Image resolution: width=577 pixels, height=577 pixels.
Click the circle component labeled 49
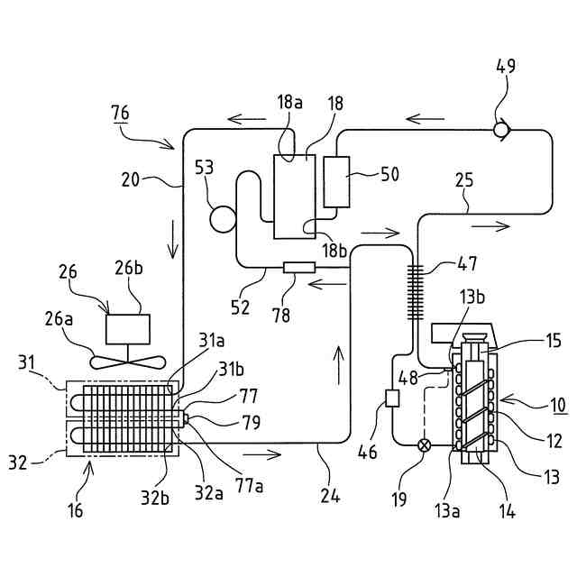501,130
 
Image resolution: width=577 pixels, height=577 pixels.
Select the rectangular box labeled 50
336,182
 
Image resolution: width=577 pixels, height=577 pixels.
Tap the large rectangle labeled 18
295,197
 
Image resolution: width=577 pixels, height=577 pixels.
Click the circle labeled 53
223,219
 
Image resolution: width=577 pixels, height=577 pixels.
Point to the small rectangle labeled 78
299,268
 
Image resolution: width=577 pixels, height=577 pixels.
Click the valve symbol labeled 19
425,445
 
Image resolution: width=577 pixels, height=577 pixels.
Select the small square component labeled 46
392,398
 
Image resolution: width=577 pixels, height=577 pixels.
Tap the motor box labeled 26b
128,329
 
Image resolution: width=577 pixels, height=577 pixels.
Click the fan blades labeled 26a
128,362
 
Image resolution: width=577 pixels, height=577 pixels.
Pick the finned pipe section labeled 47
415,292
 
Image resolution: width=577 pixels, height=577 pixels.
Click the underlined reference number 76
120,113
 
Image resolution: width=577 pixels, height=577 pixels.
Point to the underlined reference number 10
558,405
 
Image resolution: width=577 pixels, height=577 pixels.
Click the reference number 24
330,496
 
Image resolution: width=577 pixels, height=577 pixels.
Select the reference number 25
464,180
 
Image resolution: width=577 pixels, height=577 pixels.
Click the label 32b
155,499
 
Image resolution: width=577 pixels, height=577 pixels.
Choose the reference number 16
75,510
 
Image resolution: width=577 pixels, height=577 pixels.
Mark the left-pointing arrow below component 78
327,284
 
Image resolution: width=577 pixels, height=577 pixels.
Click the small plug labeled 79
185,418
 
